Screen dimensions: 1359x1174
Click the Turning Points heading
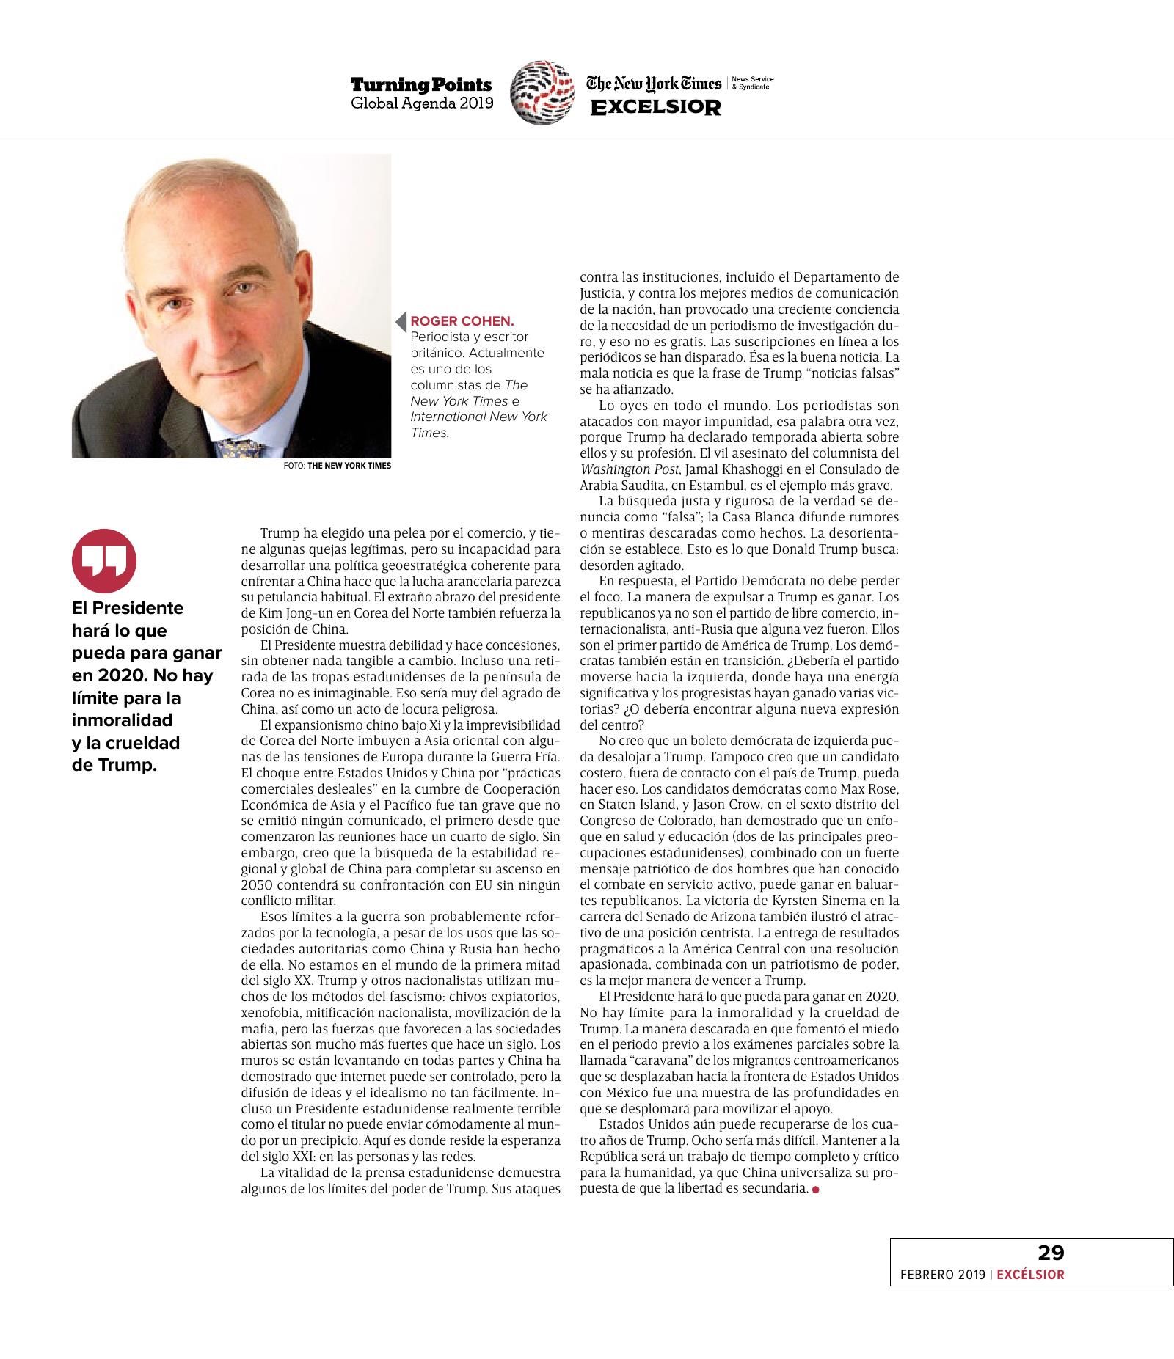tap(420, 85)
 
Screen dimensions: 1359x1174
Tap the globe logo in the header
tap(542, 92)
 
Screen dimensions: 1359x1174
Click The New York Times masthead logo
tap(653, 84)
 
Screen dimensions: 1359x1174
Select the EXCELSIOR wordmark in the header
tap(656, 107)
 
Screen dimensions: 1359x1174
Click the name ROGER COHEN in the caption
tap(462, 321)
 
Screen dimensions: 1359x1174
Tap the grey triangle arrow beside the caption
tap(401, 321)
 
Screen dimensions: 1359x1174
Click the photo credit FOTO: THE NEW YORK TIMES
tap(337, 466)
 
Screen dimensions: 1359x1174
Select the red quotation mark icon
tap(103, 561)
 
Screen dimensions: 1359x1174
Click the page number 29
tap(1051, 1252)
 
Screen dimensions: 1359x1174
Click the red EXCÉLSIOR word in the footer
tap(1030, 1275)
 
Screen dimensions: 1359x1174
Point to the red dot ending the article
tap(815, 1189)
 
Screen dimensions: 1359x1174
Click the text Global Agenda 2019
tap(421, 103)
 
